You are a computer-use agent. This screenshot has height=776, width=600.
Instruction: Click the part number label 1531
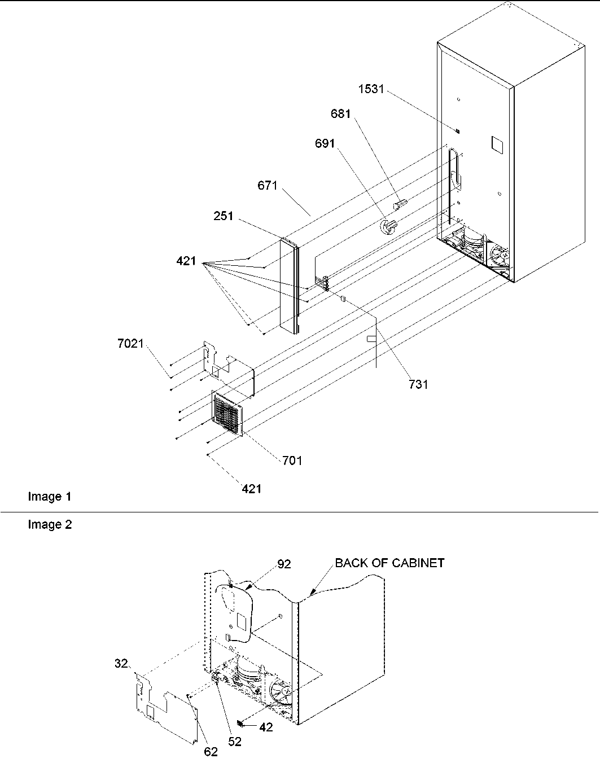371,89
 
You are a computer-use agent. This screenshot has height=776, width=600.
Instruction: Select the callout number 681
340,114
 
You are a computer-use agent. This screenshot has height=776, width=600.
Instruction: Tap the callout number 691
325,144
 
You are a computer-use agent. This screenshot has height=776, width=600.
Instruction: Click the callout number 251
224,216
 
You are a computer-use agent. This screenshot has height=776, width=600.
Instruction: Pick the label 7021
130,343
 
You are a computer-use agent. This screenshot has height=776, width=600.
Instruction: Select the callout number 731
418,384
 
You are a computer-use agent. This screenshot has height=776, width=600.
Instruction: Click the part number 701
292,461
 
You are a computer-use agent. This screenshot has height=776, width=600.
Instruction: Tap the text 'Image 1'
50,497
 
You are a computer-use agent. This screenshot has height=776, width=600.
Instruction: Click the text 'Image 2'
50,525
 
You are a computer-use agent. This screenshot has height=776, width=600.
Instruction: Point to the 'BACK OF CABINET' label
389,563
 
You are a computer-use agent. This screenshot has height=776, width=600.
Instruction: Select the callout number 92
284,564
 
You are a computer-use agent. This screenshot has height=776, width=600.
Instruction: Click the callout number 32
121,664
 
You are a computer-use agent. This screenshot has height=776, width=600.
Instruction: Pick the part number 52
234,742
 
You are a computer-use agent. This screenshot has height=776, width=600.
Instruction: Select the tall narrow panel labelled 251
289,285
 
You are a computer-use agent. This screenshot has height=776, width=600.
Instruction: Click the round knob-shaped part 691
387,226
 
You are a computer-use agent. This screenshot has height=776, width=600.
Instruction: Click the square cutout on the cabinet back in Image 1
496,144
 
